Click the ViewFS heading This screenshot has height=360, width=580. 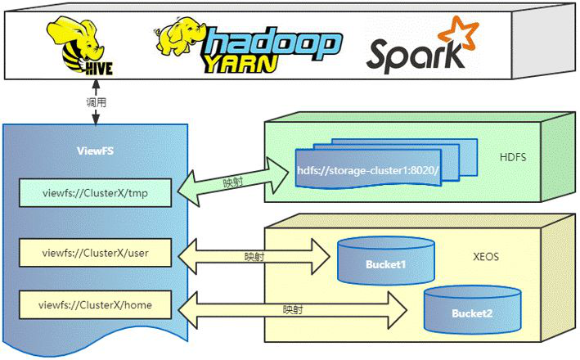(96, 151)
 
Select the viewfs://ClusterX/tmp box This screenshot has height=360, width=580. (96, 194)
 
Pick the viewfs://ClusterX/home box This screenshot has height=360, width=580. (96, 306)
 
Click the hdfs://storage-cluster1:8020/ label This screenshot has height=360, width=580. (368, 172)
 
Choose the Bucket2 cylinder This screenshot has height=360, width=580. (473, 307)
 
